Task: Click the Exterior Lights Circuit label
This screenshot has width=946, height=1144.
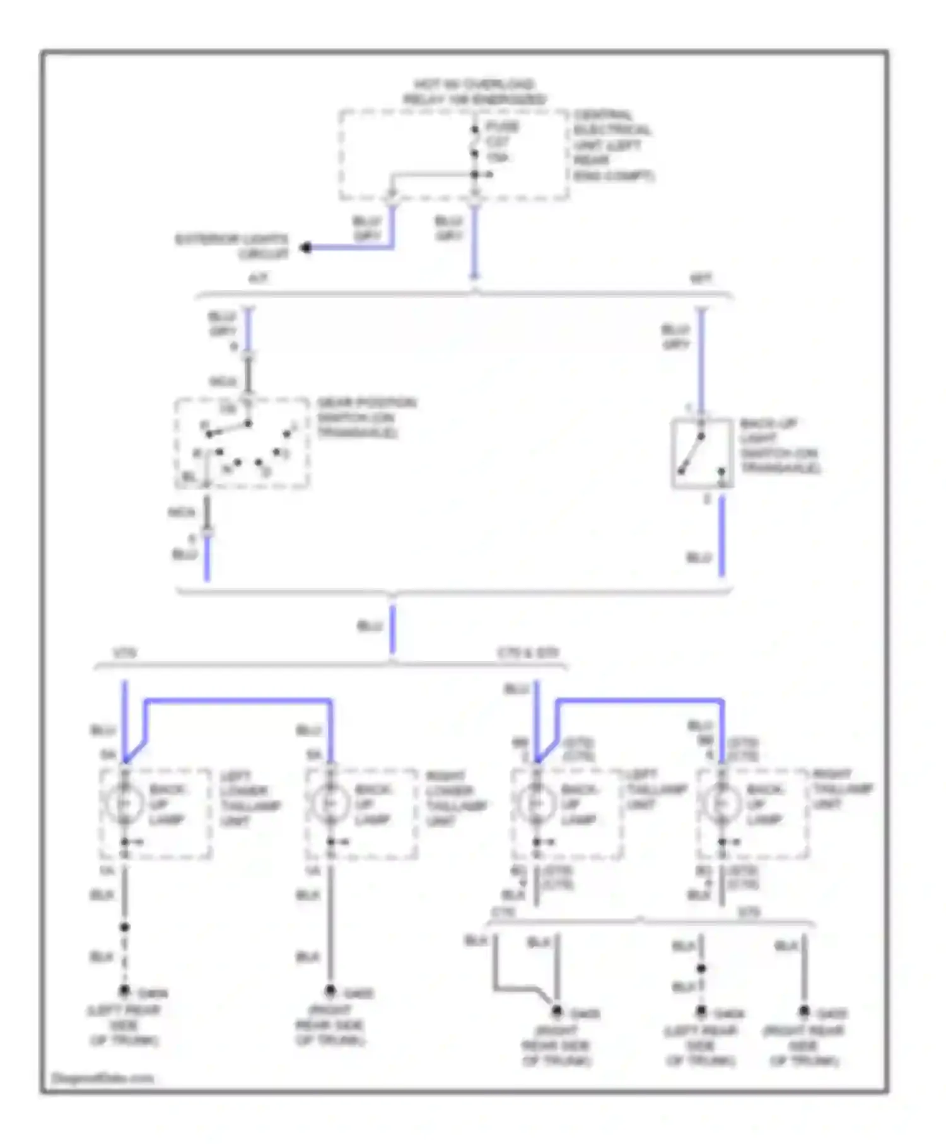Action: pos(231,247)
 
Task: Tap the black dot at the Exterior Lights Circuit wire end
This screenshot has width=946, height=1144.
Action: pos(307,248)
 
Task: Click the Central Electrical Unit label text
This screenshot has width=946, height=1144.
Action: pos(612,146)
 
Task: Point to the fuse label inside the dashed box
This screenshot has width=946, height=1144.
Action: pos(501,142)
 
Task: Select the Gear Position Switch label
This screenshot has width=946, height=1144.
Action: pos(366,417)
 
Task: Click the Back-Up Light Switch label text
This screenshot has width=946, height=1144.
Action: pos(780,446)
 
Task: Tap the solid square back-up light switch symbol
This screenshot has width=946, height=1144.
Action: pos(701,453)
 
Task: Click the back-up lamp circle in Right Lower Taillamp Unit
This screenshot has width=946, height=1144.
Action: pos(330,803)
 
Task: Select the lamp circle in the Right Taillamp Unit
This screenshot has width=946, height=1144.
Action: pos(721,803)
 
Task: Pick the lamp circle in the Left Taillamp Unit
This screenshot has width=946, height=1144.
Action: pos(536,803)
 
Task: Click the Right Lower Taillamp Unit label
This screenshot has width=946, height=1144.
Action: pos(455,798)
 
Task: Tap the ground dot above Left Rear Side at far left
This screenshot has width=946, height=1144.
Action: pos(125,991)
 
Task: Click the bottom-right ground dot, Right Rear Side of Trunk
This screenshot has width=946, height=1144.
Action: pos(804,1012)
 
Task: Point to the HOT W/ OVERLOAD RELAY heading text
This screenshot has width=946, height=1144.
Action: pos(474,92)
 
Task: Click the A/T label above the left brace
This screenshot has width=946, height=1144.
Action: pos(258,278)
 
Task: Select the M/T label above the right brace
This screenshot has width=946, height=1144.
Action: pos(701,278)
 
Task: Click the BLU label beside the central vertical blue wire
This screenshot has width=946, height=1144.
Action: pos(370,626)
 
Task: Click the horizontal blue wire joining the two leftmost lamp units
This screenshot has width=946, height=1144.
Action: pos(238,700)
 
